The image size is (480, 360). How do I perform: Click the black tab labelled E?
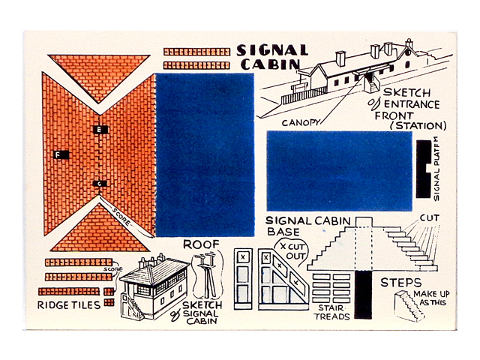pos(100,130)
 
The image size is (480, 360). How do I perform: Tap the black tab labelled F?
pos(61,155)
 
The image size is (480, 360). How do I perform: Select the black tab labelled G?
pos(100,184)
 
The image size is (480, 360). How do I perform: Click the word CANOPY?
pos(300,123)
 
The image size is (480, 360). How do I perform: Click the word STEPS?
pos(400,283)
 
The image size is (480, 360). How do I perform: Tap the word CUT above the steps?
pos(429,218)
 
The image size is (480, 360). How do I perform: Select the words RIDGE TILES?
pos(69,305)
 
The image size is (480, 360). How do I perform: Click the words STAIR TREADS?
pos(332,312)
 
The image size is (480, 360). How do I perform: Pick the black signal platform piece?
pos(423,169)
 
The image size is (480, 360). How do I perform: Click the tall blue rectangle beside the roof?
pos(205,155)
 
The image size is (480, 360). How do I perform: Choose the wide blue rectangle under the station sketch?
pos(340,171)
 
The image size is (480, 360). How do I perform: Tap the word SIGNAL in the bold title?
pos(272,50)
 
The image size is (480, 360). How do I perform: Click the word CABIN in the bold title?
pos(270,64)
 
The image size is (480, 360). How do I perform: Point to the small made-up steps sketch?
pos(409,305)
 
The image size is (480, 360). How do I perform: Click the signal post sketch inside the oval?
pos(207,274)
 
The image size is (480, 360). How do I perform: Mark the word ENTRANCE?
pos(412,104)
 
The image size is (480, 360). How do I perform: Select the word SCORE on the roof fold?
pos(121,217)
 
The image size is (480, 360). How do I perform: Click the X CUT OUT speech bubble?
pos(292,251)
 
